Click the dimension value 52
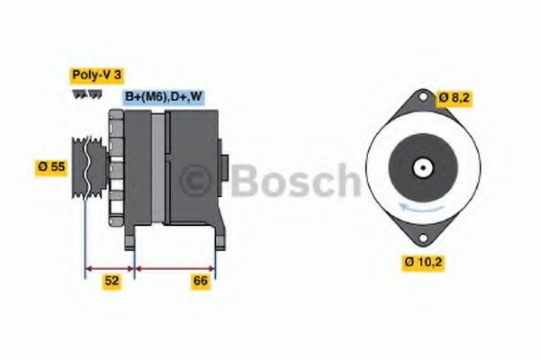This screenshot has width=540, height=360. pos(111,282)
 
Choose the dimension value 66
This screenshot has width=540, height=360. pos(202,282)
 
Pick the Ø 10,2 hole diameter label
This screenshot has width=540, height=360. pos(423,262)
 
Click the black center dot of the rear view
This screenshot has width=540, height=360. pos(421,168)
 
